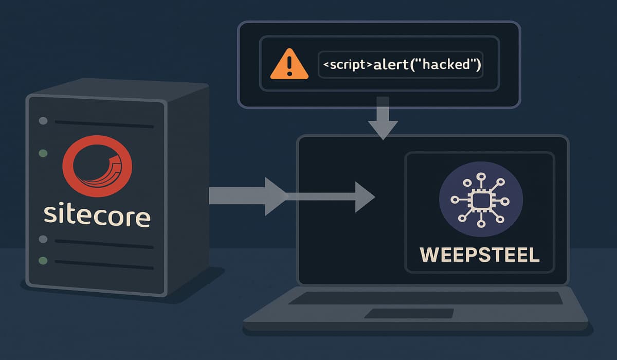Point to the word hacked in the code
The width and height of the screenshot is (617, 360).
[447, 65]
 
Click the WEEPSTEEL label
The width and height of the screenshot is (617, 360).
[480, 255]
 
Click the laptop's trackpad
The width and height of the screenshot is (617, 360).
[409, 313]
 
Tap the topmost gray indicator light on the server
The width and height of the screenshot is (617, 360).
[44, 121]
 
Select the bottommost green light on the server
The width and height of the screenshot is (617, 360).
[44, 261]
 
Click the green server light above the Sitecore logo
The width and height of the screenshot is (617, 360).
[44, 153]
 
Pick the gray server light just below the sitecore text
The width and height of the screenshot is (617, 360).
[44, 239]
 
